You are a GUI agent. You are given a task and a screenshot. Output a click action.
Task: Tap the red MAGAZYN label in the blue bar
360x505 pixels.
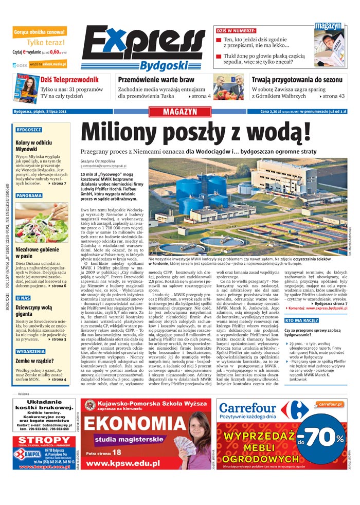coord(179,111)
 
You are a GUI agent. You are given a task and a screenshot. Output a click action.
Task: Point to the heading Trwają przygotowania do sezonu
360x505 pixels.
coord(297,80)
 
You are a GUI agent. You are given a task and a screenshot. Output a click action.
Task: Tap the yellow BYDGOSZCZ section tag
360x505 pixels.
coord(29,130)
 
